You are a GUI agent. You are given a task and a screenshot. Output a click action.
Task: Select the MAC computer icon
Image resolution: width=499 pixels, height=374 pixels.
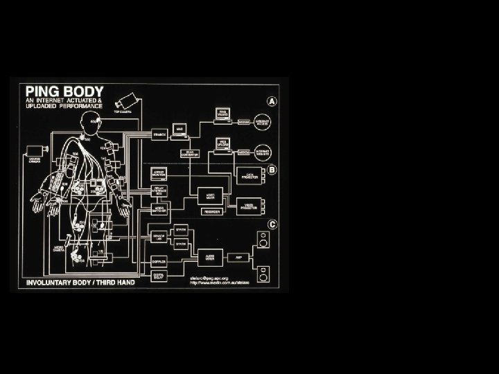[x=179, y=129]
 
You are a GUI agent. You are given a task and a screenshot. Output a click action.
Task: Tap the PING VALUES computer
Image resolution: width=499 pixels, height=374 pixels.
[x=222, y=114]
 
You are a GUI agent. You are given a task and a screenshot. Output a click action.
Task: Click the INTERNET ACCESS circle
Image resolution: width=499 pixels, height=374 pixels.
[x=263, y=121]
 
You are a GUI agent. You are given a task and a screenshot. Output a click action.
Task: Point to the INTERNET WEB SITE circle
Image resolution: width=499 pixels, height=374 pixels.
[x=263, y=152]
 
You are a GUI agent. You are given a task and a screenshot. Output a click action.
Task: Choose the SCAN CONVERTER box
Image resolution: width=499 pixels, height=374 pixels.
[x=189, y=152]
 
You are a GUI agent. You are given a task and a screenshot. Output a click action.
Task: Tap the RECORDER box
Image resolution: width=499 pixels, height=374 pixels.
[x=213, y=211]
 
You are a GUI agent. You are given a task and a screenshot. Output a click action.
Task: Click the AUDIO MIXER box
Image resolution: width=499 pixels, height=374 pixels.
[x=211, y=256]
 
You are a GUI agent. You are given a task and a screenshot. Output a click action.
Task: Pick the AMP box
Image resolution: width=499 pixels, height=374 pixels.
[x=238, y=256]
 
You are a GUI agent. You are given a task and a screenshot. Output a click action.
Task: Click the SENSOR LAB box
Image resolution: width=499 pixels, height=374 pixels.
[x=159, y=236]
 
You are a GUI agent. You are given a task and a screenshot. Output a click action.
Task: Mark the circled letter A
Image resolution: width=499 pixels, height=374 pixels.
[x=272, y=101]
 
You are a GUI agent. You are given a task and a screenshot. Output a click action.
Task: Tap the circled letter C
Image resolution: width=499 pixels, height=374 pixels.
[x=272, y=224]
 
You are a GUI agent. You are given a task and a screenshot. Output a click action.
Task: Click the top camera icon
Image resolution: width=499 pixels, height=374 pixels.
[x=126, y=99]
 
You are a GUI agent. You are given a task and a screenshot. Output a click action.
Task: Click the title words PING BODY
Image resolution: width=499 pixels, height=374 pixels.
[x=64, y=91]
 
